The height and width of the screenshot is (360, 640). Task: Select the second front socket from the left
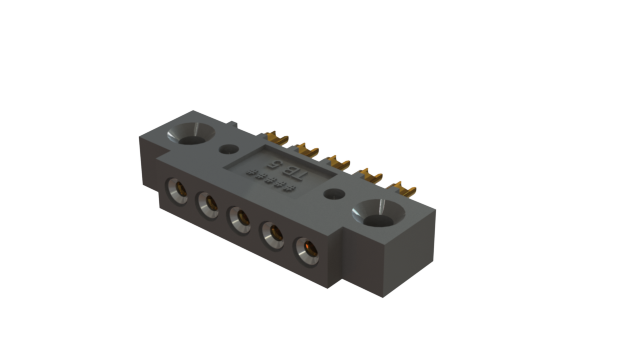[x=209, y=204]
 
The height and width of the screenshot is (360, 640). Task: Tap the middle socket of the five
[x=240, y=218]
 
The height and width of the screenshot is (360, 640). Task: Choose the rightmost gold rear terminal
[x=404, y=186]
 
